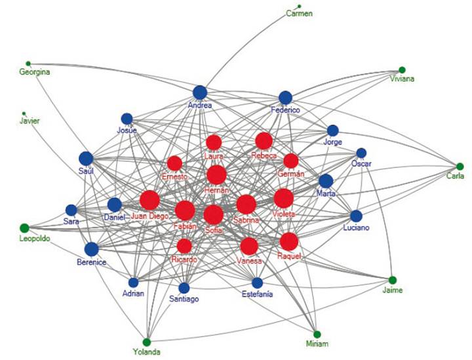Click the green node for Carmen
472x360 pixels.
pos(300,6)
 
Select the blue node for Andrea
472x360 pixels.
pos(200,92)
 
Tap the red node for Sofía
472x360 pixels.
pos(213,214)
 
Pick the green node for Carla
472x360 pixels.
pos(460,167)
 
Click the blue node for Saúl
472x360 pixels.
pos(86,158)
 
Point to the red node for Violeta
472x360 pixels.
pos(283,198)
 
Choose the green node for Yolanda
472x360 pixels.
pos(147,342)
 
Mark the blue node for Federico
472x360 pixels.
pos(285,98)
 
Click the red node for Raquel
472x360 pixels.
pos(289,241)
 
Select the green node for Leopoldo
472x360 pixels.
pos(24,228)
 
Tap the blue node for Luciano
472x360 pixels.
pos(356,216)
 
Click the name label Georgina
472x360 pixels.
pos(35,72)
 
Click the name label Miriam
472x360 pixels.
pos(317,344)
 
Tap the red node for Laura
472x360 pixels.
pos(214,142)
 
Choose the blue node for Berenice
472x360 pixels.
pos(91,249)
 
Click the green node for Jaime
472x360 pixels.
pos(393,280)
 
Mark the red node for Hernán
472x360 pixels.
pos(216,175)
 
